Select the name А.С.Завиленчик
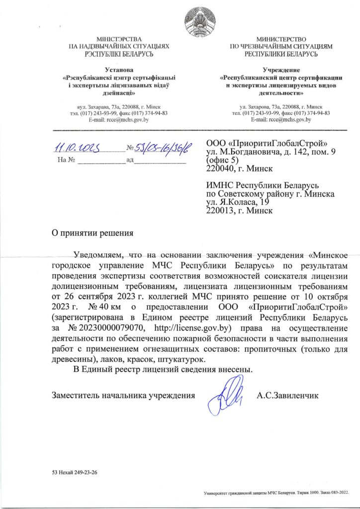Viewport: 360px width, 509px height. coord(287,396)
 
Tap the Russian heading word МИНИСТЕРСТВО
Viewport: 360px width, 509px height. coord(281,39)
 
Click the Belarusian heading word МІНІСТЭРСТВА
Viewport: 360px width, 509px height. coord(119,39)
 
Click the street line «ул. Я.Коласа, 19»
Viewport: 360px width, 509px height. coord(238,202)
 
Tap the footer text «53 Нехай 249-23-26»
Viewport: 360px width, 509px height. coord(75,472)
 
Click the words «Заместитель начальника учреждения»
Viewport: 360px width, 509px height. coord(123,396)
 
